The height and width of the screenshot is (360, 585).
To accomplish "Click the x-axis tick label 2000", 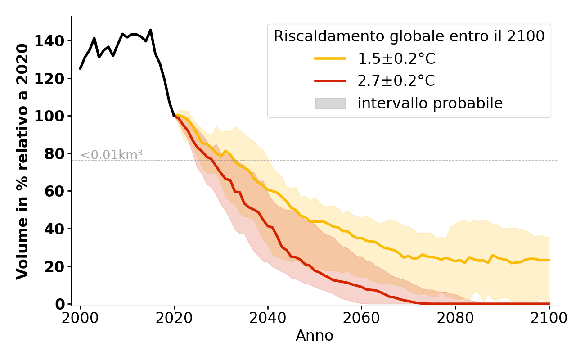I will (80, 318).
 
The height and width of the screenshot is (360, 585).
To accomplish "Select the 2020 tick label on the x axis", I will (174, 318).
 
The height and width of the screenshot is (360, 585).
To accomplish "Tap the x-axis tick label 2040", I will (268, 318).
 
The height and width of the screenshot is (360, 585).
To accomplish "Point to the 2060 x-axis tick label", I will (362, 318).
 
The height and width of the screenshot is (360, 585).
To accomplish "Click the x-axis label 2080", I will (455, 318).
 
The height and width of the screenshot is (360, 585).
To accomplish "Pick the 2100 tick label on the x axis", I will (549, 318).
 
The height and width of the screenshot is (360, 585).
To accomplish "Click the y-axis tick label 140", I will (53, 41).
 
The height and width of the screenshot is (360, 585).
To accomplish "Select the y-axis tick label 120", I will (53, 79).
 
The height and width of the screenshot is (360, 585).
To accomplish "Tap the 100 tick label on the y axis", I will (53, 116).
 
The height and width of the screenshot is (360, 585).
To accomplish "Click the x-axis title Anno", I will (315, 336).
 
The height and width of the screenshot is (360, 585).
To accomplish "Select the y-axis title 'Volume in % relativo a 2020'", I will (23, 161).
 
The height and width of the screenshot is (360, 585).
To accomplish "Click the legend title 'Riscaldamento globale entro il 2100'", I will (409, 36).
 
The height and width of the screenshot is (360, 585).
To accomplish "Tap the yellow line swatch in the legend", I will (330, 58).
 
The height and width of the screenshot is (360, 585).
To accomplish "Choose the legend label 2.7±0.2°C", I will (396, 81).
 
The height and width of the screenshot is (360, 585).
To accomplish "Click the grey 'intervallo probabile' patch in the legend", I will (330, 103).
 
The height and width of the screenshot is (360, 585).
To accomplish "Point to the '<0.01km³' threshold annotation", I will (112, 155).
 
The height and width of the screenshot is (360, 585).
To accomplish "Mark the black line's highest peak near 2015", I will (150, 30).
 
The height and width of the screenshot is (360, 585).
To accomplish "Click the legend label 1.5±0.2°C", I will (396, 58).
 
